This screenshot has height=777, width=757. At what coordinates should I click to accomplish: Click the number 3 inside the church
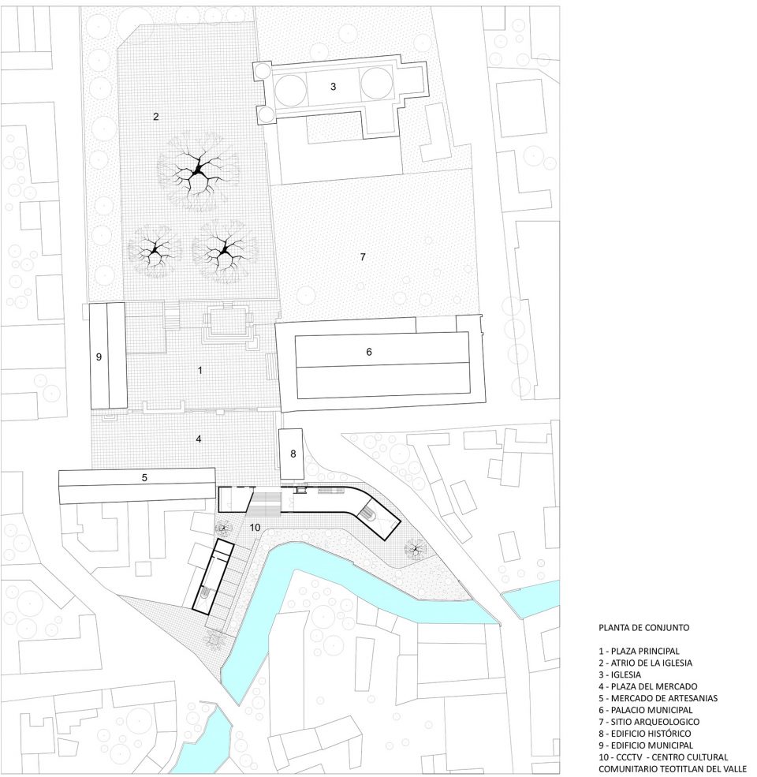[x=333, y=86]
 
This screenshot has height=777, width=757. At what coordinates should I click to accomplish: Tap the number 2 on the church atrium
[x=156, y=117]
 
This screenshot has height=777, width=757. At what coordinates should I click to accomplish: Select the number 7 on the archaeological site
[x=363, y=256]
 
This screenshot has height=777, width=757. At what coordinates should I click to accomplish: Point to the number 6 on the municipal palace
[x=368, y=352]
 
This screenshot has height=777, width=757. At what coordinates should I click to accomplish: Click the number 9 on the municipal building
[x=99, y=357]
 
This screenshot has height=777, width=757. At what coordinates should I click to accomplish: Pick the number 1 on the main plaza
[x=200, y=370]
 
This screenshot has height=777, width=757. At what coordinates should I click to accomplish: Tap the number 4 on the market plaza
[x=199, y=439]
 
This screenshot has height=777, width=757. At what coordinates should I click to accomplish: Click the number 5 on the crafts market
[x=144, y=478]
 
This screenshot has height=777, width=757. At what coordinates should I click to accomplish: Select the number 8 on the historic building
[x=293, y=454]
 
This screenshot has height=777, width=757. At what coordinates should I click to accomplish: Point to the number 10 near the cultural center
[x=255, y=527]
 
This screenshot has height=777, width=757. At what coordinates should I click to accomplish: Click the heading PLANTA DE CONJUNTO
[x=643, y=627]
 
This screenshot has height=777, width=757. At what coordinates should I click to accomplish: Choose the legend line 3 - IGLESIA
[x=620, y=674]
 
